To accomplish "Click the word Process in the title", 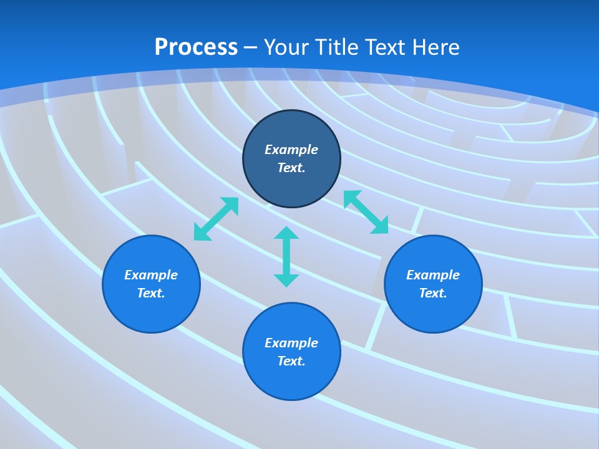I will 196,47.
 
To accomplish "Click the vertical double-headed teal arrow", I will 286,256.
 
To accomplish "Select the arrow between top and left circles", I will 216,219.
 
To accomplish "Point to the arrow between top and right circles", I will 366,212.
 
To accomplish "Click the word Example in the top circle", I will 291,150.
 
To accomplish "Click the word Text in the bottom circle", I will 291,361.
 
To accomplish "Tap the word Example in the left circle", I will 151,275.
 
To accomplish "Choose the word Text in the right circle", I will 433,293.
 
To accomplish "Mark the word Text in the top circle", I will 291,168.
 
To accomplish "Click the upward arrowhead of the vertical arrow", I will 286,233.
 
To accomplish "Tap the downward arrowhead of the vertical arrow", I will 286,280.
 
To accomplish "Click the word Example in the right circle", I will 433,275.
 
